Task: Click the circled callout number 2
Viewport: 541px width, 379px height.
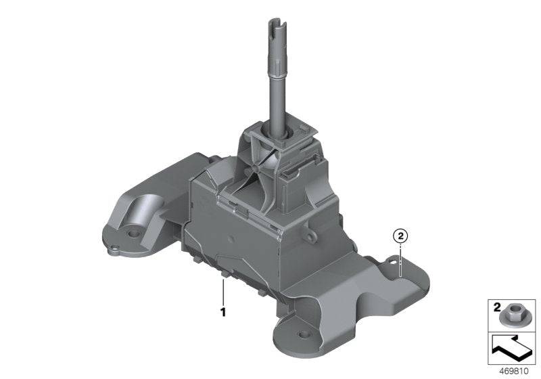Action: tap(400, 236)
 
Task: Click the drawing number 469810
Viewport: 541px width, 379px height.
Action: tap(513, 371)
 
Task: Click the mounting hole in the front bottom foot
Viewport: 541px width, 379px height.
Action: tap(296, 334)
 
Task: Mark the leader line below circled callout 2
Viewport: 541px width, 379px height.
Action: tap(400, 261)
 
